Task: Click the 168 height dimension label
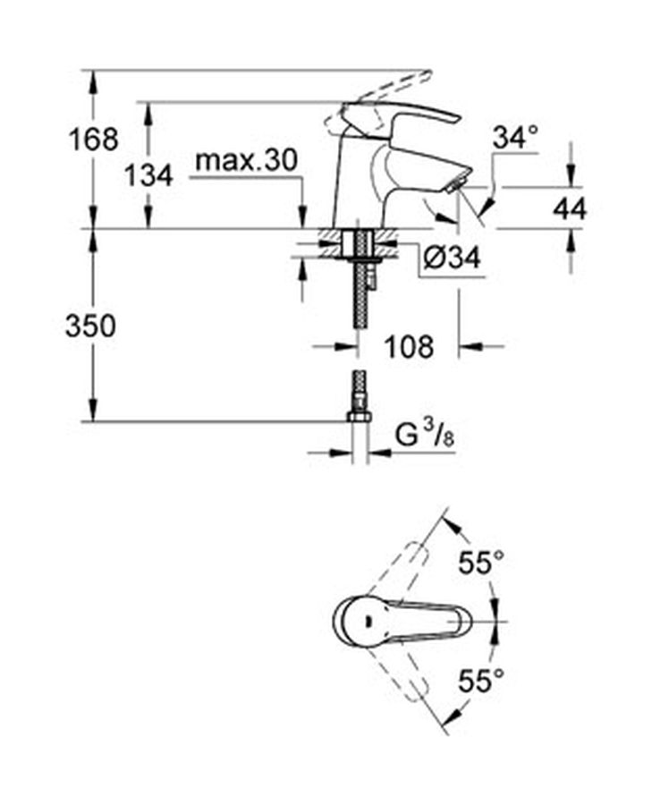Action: (93, 140)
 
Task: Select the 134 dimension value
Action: (149, 176)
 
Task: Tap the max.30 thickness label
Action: (247, 161)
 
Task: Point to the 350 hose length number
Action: (90, 326)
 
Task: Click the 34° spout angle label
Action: (516, 138)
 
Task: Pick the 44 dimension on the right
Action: (570, 209)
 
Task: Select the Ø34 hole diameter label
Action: (453, 257)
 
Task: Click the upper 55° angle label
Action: (481, 563)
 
